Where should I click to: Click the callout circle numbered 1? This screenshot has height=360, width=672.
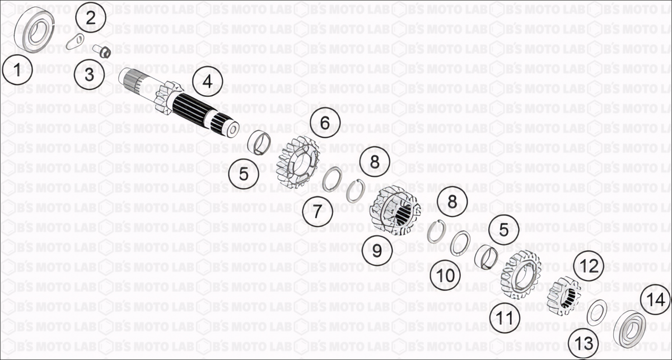tap(17, 70)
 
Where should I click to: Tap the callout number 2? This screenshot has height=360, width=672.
tap(91, 18)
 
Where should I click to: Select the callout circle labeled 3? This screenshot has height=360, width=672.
tap(90, 74)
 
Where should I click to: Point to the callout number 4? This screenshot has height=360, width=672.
tap(208, 82)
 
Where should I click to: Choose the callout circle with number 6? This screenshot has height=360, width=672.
tap(325, 123)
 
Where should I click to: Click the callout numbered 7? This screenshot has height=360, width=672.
tap(318, 211)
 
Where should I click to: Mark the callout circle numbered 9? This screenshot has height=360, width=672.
tap(377, 250)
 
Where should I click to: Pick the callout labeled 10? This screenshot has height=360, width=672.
tap(445, 275)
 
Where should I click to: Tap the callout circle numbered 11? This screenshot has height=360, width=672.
tap(505, 317)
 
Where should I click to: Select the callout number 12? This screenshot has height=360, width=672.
tap(589, 266)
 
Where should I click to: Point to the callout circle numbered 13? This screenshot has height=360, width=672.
tap(584, 344)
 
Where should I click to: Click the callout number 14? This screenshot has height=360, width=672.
tap(656, 299)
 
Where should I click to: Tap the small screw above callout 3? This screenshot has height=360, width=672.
tap(102, 51)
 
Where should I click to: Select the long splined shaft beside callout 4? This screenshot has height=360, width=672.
tap(179, 103)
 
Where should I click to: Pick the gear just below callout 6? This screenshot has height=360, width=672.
tap(297, 162)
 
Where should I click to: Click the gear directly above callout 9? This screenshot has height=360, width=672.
tap(395, 211)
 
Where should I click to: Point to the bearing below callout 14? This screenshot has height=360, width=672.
tap(629, 329)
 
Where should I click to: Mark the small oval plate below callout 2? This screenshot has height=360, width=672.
tap(75, 41)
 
